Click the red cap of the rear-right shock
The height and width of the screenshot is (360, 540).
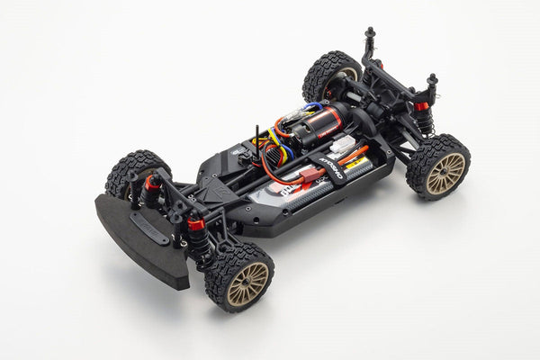[420, 106]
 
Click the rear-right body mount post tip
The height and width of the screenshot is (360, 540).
[432, 80]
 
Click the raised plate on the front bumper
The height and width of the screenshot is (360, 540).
[151, 233]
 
